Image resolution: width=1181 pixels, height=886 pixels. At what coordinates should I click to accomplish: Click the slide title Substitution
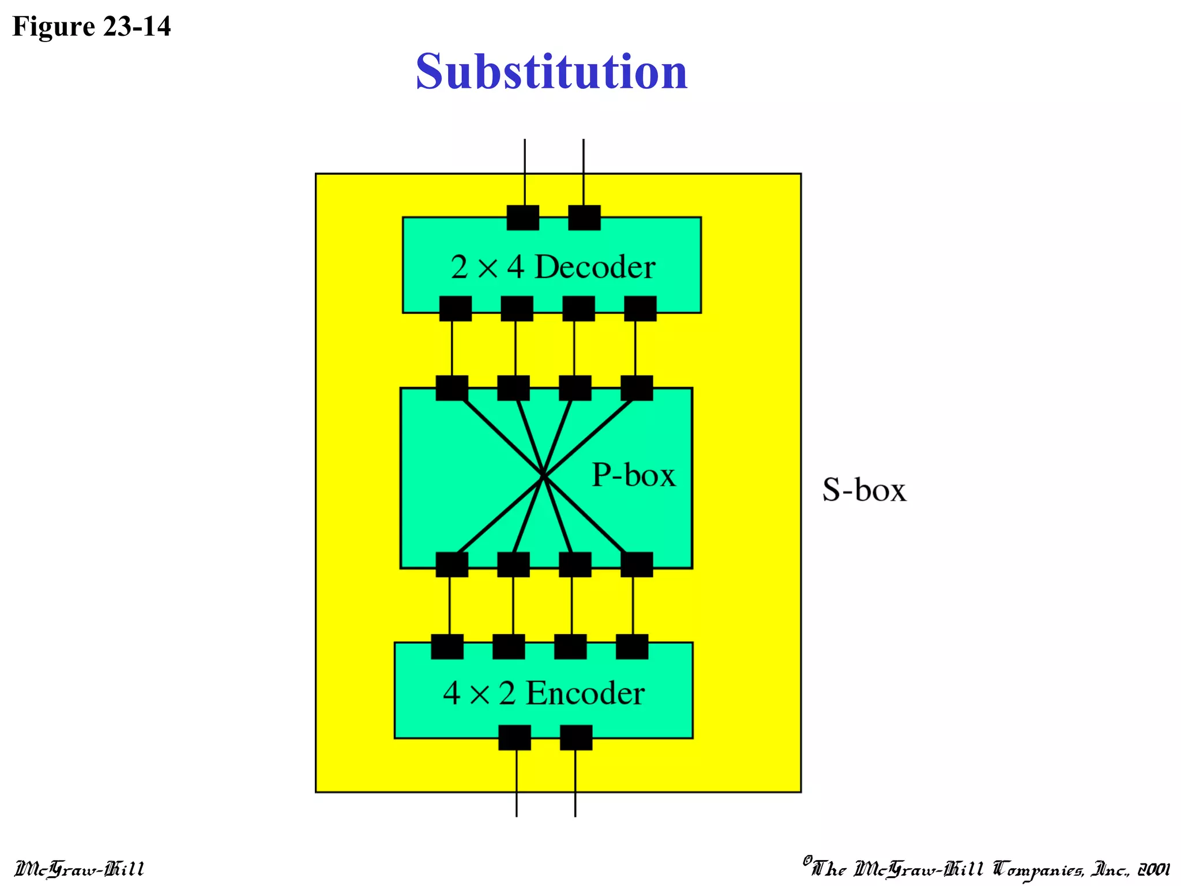tap(551, 72)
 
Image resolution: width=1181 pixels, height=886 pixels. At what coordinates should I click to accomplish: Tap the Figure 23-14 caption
tap(92, 27)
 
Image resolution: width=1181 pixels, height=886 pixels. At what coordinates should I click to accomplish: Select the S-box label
tap(864, 490)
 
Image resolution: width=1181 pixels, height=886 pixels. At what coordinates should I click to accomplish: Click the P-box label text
tap(633, 476)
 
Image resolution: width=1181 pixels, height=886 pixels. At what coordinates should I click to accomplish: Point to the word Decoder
tap(595, 267)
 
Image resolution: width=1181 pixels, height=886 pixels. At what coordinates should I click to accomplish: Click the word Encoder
tap(585, 693)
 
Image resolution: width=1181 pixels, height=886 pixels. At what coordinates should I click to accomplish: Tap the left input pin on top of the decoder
tap(523, 218)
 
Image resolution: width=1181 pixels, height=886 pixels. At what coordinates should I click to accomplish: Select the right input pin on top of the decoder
tap(584, 218)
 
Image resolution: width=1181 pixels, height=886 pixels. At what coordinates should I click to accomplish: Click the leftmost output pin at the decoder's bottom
tap(456, 309)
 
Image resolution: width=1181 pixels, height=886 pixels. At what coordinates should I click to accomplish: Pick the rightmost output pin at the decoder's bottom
tap(640, 309)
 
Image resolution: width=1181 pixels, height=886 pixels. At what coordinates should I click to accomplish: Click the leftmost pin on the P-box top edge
tap(452, 388)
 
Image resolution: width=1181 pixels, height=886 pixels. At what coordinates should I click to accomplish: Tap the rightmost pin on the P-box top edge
tap(637, 388)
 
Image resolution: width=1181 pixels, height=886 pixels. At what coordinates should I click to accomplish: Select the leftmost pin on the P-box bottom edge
tap(452, 565)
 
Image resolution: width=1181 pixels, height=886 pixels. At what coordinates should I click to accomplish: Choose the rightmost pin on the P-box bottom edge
tap(637, 565)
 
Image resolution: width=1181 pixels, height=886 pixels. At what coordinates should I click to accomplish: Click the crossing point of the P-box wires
tap(543, 476)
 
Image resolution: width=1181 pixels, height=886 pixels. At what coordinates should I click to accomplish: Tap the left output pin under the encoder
tap(514, 738)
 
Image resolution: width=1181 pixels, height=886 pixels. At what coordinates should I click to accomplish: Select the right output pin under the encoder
tap(576, 738)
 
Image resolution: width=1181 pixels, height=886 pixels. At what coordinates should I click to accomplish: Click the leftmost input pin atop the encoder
tap(447, 647)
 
